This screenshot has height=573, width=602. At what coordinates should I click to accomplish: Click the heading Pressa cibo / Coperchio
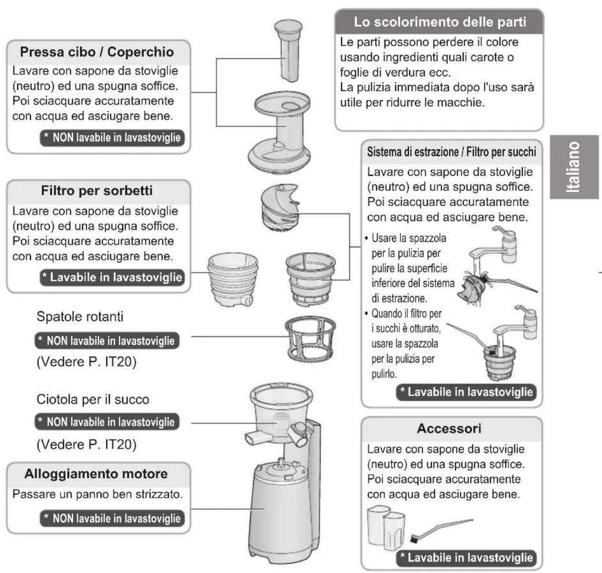pyautogui.click(x=97, y=52)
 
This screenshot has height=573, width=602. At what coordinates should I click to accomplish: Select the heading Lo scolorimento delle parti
pyautogui.click(x=439, y=22)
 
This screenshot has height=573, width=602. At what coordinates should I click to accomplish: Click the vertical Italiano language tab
pyautogui.click(x=573, y=167)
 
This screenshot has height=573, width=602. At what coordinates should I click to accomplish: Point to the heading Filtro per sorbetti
pyautogui.click(x=97, y=191)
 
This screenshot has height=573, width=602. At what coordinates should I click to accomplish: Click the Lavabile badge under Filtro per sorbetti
pyautogui.click(x=113, y=277)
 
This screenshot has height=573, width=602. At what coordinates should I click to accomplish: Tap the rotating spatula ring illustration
pyautogui.click(x=310, y=339)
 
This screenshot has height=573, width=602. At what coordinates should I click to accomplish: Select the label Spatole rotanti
pyautogui.click(x=80, y=317)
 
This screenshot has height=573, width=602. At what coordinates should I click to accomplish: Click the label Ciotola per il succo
pyautogui.click(x=93, y=399)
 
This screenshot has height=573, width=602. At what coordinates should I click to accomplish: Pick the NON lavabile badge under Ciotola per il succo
pyautogui.click(x=107, y=422)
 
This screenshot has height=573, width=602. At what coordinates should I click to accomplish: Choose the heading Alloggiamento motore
pyautogui.click(x=96, y=474)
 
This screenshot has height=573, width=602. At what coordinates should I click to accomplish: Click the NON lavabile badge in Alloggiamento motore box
pyautogui.click(x=113, y=519)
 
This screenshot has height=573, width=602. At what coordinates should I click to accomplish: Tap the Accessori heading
pyautogui.click(x=449, y=428)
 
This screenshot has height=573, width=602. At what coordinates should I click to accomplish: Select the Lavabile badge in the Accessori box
pyautogui.click(x=466, y=558)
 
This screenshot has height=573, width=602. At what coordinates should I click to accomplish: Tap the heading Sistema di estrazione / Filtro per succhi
pyautogui.click(x=451, y=152)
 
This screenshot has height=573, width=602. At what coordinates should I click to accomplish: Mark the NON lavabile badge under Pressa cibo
pyautogui.click(x=113, y=138)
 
